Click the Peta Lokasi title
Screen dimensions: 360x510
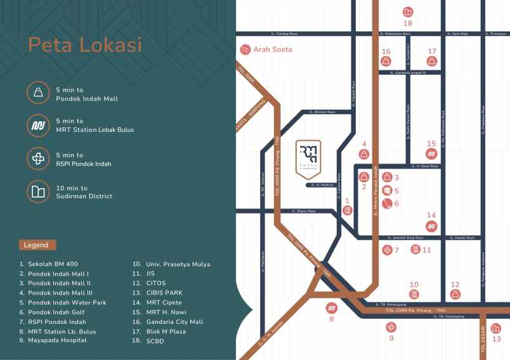(x=84, y=46)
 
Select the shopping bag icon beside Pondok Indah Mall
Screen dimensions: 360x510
(x=39, y=93)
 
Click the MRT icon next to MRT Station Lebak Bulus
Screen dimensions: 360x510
(x=39, y=125)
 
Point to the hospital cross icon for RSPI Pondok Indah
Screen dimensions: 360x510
(x=39, y=158)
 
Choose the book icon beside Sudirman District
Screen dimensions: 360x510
(x=39, y=192)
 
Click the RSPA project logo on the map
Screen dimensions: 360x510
(x=308, y=156)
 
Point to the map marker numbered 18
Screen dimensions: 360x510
(x=408, y=11)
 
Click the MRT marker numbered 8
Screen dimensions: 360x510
(x=330, y=308)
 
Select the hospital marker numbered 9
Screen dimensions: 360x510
(x=391, y=326)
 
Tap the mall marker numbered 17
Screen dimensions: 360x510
(x=432, y=61)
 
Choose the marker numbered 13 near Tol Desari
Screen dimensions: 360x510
(x=497, y=328)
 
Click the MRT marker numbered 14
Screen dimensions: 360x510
(x=431, y=226)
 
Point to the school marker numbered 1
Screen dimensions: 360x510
(x=348, y=210)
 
